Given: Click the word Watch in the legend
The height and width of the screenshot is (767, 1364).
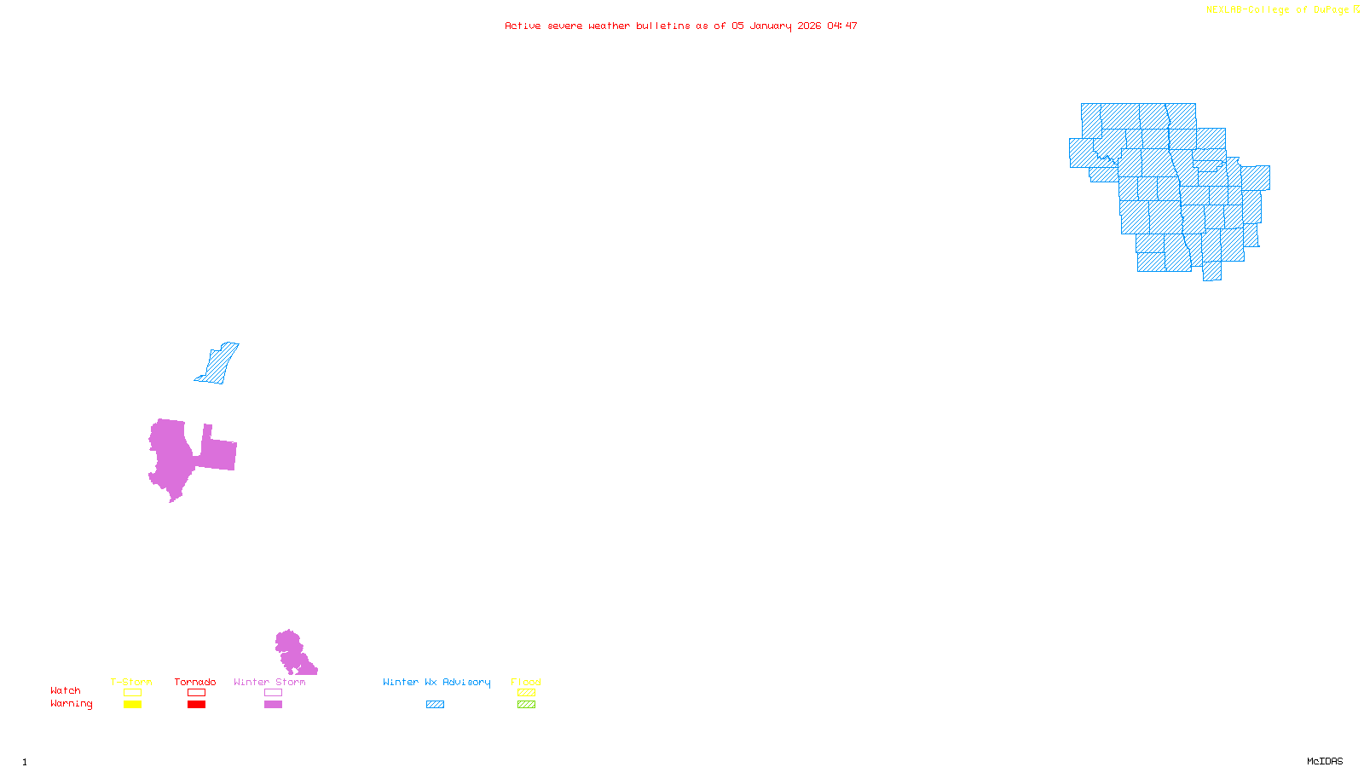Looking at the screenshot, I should pyautogui.click(x=66, y=690).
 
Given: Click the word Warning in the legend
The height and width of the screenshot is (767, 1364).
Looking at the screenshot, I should pyautogui.click(x=72, y=704).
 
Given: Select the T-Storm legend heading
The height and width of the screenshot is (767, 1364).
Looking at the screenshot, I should pyautogui.click(x=131, y=682).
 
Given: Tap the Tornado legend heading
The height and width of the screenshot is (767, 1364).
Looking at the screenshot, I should pyautogui.click(x=195, y=682).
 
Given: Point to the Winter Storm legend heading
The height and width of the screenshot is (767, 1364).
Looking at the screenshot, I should pyautogui.click(x=269, y=682).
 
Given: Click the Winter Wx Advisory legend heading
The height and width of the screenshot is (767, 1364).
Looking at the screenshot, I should pyautogui.click(x=436, y=682).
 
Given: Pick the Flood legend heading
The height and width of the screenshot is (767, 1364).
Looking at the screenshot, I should pyautogui.click(x=526, y=682).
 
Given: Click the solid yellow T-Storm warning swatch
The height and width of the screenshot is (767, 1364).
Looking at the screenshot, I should pyautogui.click(x=132, y=705).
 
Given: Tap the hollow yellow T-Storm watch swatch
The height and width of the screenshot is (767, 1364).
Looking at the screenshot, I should pyautogui.click(x=132, y=693).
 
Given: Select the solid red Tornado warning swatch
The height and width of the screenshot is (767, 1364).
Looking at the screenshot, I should pyautogui.click(x=197, y=705).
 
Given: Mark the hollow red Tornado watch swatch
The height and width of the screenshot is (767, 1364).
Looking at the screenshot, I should pyautogui.click(x=197, y=693).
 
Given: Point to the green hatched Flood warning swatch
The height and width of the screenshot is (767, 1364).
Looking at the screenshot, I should pyautogui.click(x=527, y=705).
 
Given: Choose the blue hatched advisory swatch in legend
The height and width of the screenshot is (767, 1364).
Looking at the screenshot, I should pyautogui.click(x=435, y=705).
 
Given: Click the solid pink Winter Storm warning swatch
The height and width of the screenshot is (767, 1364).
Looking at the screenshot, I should pyautogui.click(x=273, y=705).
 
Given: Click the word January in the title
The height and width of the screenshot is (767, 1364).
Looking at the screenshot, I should pyautogui.click(x=771, y=26).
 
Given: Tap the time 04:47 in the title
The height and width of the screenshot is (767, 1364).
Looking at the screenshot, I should pyautogui.click(x=842, y=26).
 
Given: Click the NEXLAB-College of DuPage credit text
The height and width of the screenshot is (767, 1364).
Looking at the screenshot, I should pyautogui.click(x=1278, y=9).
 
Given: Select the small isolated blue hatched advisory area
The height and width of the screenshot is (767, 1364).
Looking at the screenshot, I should pyautogui.click(x=219, y=364).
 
